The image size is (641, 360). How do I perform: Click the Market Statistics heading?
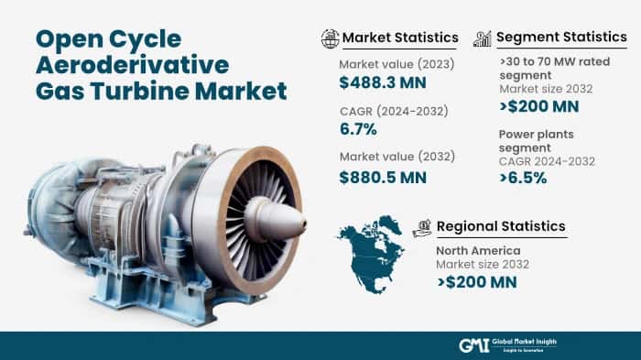click(x=400, y=38)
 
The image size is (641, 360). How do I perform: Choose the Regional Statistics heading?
click(x=501, y=226)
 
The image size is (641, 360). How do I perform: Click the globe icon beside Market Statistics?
click(x=330, y=38)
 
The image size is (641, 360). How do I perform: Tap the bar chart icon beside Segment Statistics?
click(x=483, y=38)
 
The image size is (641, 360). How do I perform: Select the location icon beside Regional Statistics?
click(x=422, y=226)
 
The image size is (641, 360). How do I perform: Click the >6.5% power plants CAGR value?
click(x=524, y=178)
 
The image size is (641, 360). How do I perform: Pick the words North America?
click(x=479, y=250)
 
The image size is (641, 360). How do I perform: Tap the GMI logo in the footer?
click(x=473, y=344)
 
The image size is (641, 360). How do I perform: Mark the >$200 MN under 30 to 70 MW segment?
click(x=539, y=106)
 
